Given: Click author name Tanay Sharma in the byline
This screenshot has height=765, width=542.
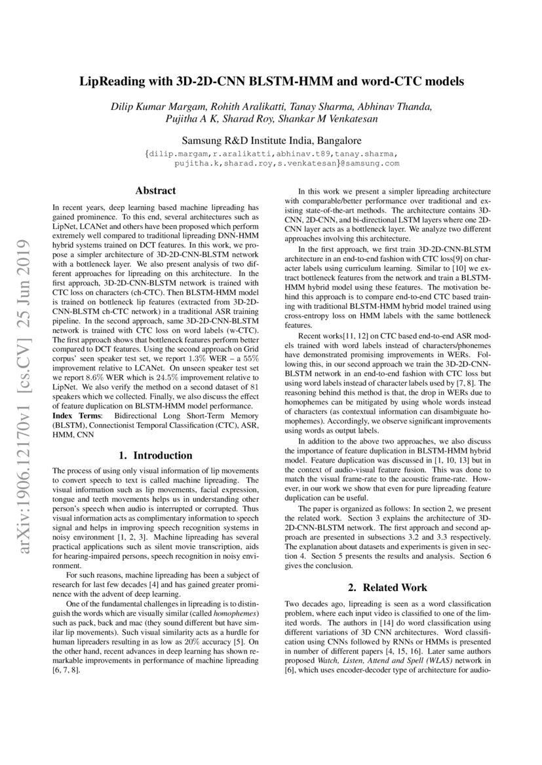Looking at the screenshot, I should (x=308, y=107).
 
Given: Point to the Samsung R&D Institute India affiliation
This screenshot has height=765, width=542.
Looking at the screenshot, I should (x=270, y=141).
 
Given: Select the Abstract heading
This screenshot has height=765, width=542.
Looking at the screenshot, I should (x=155, y=191).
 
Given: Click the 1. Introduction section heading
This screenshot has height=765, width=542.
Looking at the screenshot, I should (x=155, y=455).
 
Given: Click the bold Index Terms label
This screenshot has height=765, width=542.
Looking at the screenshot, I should (x=73, y=416).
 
